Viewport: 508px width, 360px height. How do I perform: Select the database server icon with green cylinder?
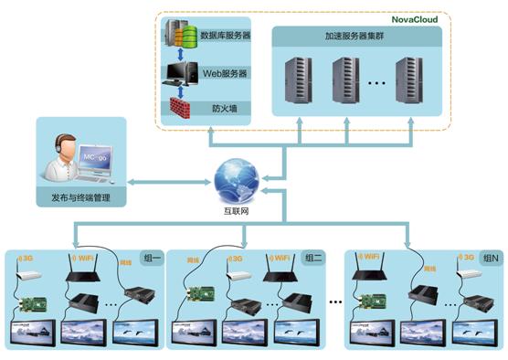(x=183, y=37)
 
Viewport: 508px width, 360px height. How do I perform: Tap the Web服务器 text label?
(x=225, y=72)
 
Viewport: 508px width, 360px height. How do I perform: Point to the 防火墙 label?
(x=224, y=107)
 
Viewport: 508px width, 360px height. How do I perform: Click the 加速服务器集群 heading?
(x=356, y=37)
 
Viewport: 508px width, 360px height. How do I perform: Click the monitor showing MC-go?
(x=101, y=162)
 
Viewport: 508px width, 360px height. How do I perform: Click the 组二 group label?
(x=313, y=258)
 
